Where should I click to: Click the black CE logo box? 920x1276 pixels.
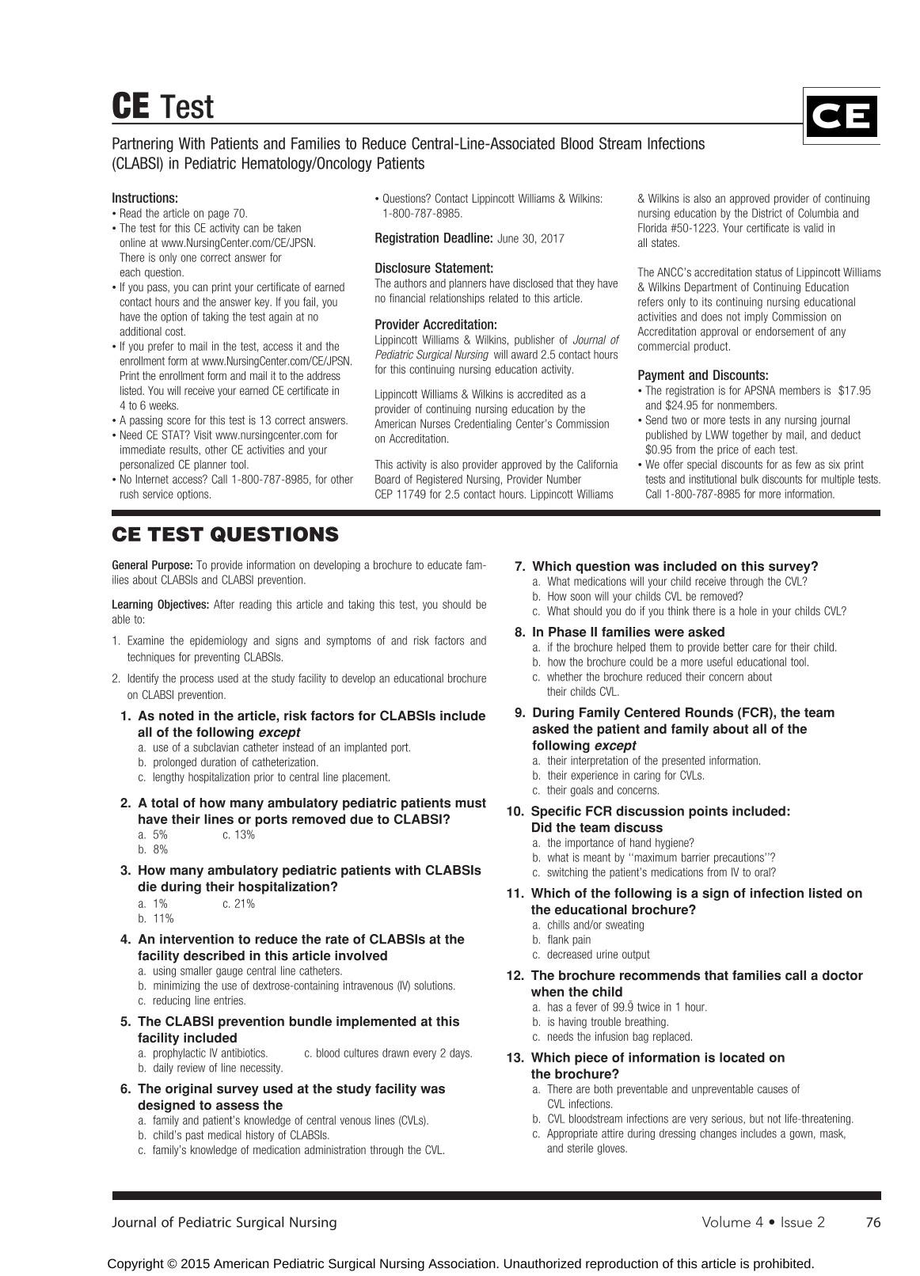pyautogui.click(x=841, y=116)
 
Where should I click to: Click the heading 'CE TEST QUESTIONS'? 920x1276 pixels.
pyautogui.click(x=225, y=535)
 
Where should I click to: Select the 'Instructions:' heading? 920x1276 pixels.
pyautogui.click(x=145, y=198)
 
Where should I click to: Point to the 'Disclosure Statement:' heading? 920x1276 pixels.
pyautogui.click(x=434, y=268)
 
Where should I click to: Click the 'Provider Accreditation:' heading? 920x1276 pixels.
pyautogui.click(x=435, y=325)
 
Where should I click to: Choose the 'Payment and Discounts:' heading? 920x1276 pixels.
pyautogui.click(x=702, y=375)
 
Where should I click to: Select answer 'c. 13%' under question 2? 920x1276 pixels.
pyautogui.click(x=238, y=835)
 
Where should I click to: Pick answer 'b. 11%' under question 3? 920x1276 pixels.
pyautogui.click(x=155, y=918)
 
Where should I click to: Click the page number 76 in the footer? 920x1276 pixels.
pyautogui.click(x=872, y=1222)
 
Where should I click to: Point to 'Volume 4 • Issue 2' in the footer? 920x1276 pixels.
pyautogui.click(x=762, y=1222)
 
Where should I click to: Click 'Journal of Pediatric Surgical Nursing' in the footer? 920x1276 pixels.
pyautogui.click(x=224, y=1222)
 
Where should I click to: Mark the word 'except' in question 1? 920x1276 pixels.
pyautogui.click(x=279, y=732)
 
